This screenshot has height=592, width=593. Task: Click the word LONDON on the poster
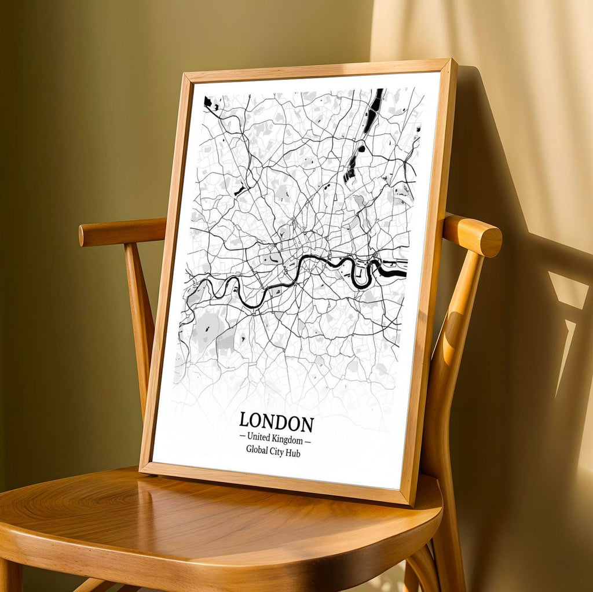(276, 422)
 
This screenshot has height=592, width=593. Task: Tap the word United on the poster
(259, 437)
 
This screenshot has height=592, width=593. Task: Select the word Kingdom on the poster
(288, 439)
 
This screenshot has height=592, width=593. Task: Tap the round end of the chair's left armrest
(83, 235)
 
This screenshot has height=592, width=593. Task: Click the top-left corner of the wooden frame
(185, 75)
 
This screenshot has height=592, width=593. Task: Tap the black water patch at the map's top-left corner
(208, 102)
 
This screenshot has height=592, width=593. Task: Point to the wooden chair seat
(203, 521)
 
